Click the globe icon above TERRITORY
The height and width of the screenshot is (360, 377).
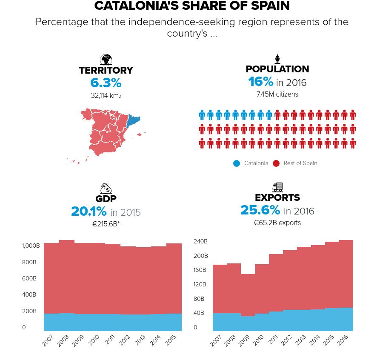pos(106,60)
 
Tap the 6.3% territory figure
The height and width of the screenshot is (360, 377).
pos(106,83)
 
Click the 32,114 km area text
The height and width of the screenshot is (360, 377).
pos(106,96)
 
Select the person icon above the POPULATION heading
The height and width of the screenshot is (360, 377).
pos(277,59)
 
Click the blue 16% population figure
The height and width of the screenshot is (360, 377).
pos(260,82)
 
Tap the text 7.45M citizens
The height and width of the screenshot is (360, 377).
pos(277,94)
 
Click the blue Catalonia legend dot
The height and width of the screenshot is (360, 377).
pos(237,163)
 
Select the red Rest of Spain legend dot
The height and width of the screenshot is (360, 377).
pos(276,163)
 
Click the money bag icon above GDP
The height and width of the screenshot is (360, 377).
pos(106,189)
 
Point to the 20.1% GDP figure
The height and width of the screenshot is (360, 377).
pos(89,211)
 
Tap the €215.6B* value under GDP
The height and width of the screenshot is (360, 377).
pos(106,224)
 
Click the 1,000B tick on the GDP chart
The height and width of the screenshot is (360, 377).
pos(31,246)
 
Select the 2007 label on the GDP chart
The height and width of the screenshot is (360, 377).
pos(47,341)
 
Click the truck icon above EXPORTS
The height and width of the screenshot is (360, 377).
pos(277,187)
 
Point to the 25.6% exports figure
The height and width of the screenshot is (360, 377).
pos(260,210)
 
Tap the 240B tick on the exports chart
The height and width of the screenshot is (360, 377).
pos(200,241)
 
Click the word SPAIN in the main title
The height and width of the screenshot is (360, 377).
pos(264,6)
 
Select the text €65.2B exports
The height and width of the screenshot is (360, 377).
pos(277,223)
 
